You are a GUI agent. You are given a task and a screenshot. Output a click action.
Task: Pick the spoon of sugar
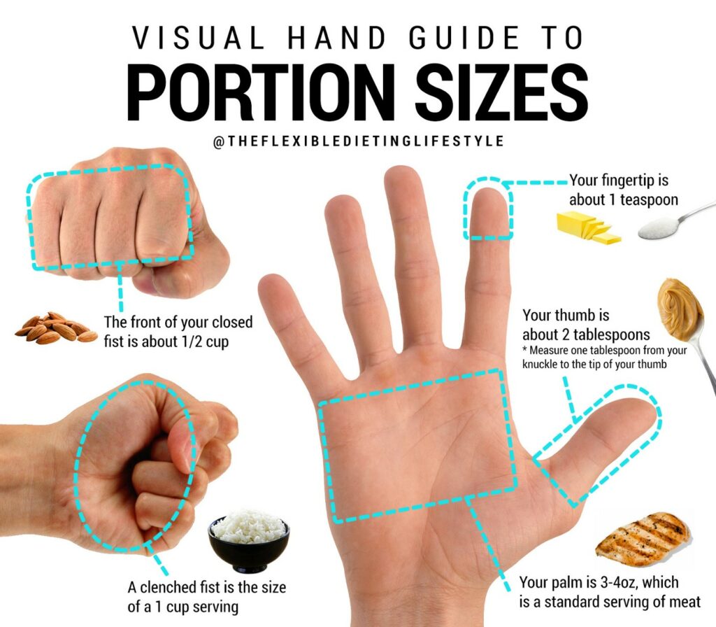(665, 225)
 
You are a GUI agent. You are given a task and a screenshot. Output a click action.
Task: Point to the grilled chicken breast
(643, 538)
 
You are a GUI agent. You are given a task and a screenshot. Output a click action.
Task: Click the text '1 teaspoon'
(643, 200)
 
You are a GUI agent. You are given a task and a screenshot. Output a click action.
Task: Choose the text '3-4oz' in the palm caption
(613, 582)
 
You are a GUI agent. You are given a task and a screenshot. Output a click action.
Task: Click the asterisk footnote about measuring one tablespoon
(604, 356)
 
